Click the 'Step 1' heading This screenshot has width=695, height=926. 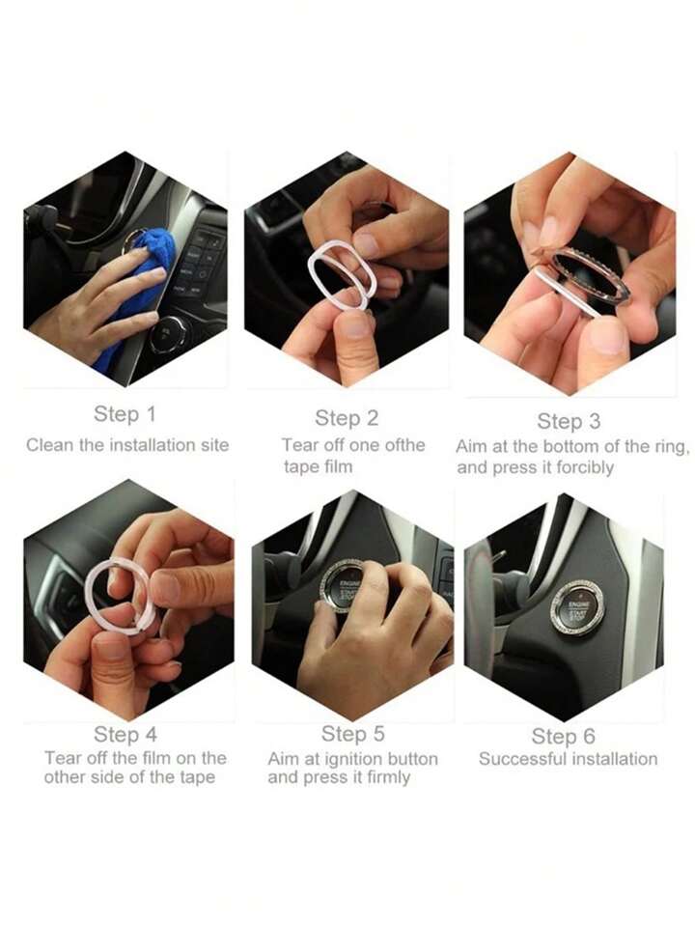tap(125, 414)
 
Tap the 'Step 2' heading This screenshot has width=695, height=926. tap(346, 418)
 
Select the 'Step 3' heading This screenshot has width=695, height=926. tap(569, 421)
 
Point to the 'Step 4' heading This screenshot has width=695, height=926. tap(125, 734)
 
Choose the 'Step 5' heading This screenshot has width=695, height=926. tap(352, 734)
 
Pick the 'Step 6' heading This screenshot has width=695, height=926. tap(564, 736)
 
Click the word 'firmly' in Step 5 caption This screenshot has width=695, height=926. tap(388, 777)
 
